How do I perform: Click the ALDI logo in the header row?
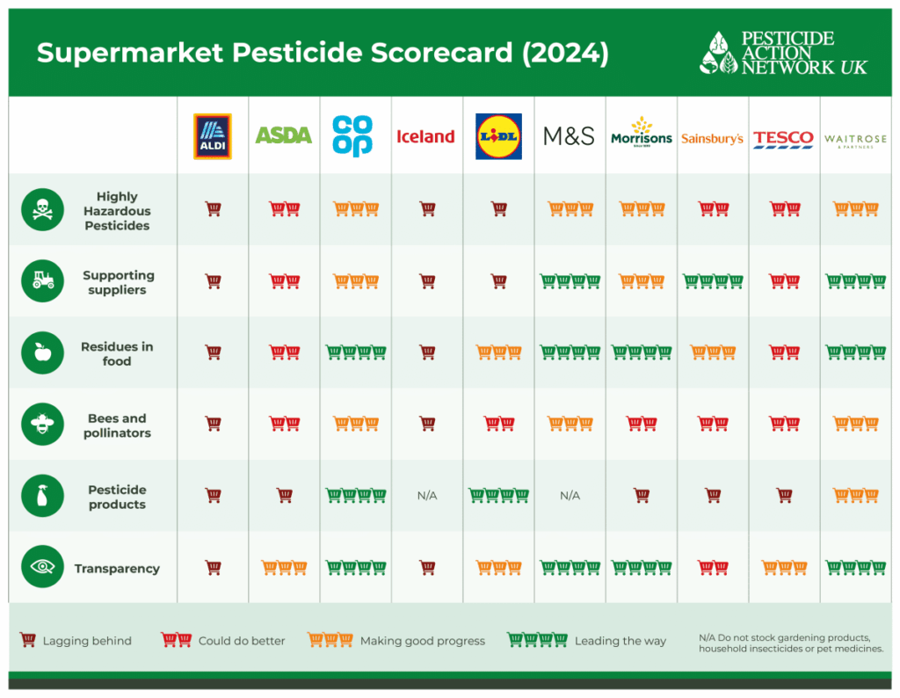point(213,136)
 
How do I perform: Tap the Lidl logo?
point(498,136)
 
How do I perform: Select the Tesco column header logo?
point(783,139)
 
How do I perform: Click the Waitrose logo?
point(855,141)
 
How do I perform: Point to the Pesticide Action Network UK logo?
point(783,53)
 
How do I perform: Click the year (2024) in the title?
point(565,53)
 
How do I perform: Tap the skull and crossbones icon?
point(42,209)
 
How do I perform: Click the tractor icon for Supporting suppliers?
point(42,280)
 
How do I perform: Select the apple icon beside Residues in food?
point(42,353)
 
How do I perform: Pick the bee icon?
point(42,425)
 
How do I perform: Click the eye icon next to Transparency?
point(42,566)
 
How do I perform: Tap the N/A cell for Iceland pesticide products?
point(427,496)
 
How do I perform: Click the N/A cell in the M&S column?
point(570,496)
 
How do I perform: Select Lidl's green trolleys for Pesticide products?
point(499,496)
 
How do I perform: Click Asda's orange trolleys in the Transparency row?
point(284,568)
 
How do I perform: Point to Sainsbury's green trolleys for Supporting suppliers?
point(712,281)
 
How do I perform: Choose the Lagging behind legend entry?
point(76,640)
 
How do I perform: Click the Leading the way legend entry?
point(586,640)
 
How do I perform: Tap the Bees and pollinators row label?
point(117,425)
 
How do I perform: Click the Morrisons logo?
point(641,133)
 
